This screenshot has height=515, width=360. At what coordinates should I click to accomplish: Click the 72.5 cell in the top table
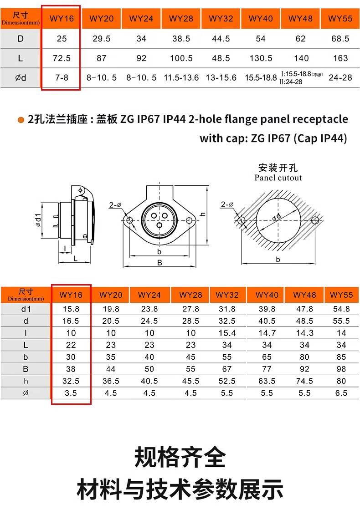[62, 58]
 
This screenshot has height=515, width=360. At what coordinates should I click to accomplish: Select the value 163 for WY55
[340, 58]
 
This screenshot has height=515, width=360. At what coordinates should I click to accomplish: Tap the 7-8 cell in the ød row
[62, 77]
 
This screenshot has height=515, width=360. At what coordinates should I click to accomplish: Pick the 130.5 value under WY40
[261, 58]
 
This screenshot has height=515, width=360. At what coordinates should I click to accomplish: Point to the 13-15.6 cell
[221, 77]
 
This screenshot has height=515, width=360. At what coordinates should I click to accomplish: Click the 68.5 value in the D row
[340, 39]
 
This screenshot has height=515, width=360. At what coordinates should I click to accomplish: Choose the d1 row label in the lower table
[26, 309]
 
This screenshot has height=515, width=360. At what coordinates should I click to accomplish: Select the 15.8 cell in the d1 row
[71, 309]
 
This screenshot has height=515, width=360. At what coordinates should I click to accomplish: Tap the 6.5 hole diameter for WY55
[341, 393]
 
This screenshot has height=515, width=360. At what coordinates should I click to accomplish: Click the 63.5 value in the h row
[267, 381]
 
